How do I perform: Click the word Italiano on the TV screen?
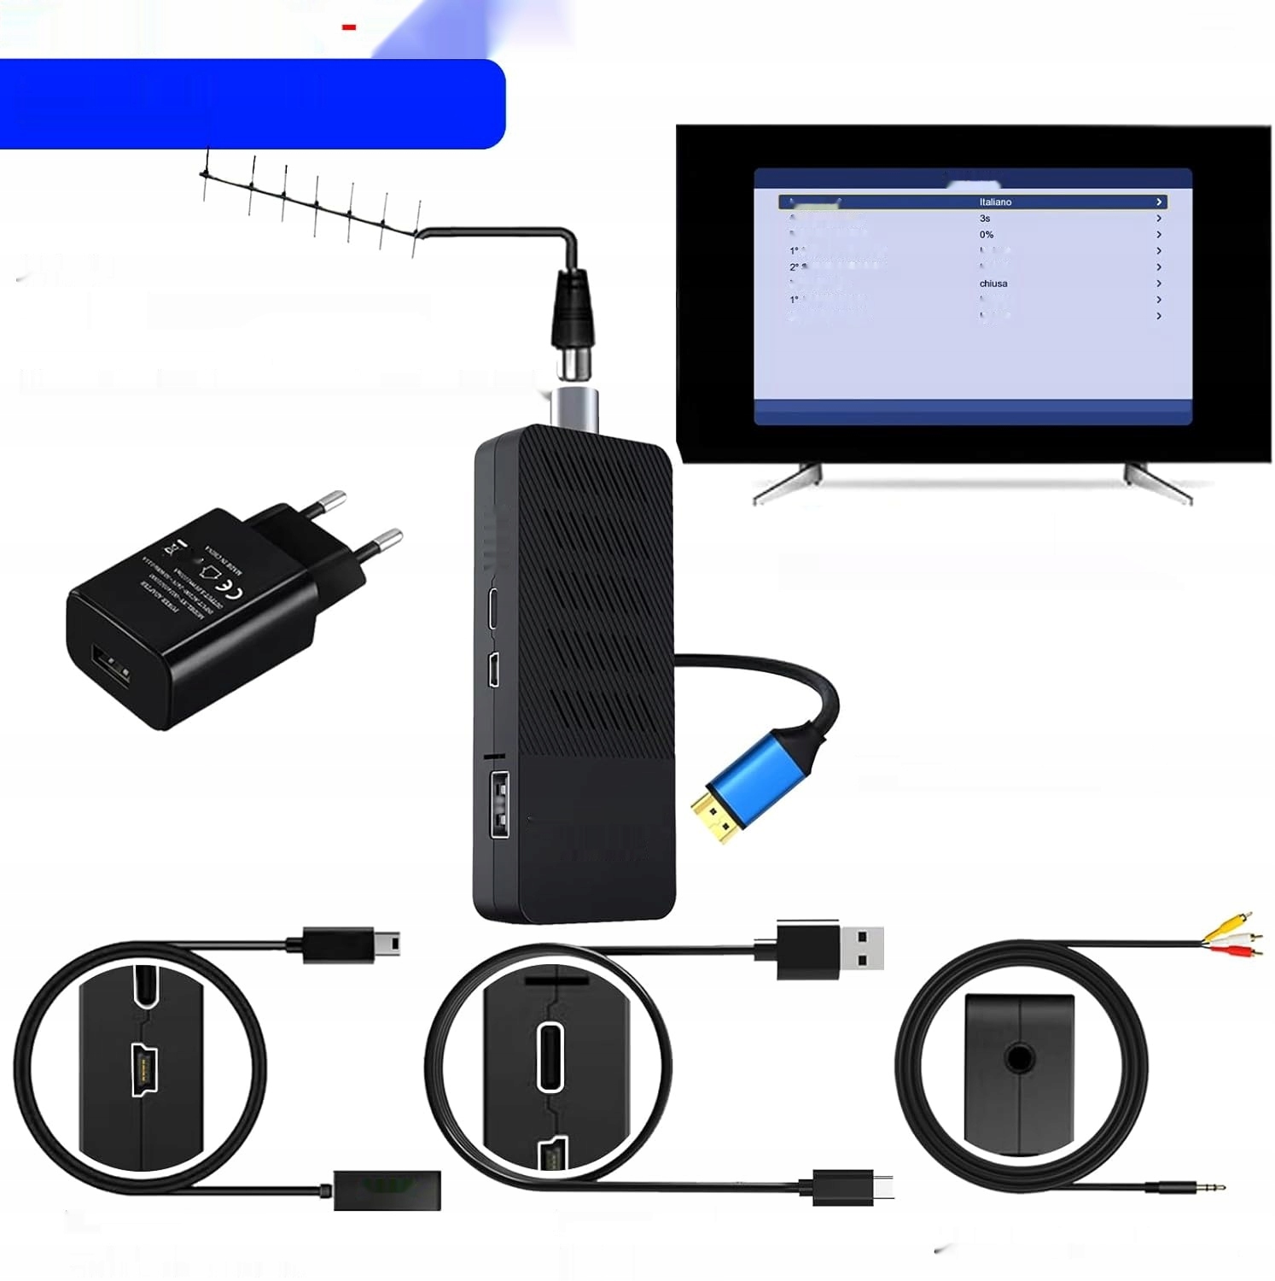995,202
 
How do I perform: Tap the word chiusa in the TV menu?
993,284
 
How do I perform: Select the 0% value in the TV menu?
987,235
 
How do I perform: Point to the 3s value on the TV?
985,219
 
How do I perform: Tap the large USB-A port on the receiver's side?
498,803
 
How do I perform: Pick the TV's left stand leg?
789,483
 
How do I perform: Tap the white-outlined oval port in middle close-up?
550,1056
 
